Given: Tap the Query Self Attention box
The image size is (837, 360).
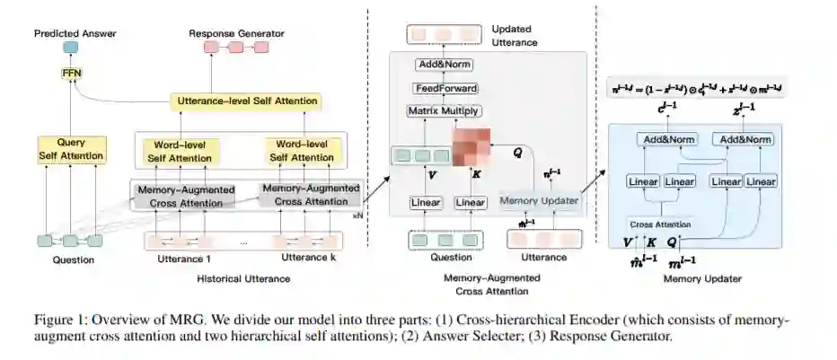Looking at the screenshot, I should (71, 150).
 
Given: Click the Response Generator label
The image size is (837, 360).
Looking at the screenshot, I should (236, 33).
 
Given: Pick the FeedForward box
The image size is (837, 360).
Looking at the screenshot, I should (446, 88).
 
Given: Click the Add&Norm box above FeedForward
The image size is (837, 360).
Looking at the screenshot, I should (446, 66).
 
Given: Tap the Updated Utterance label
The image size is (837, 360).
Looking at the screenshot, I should (515, 37).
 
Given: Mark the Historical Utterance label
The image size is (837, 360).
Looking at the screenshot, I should (243, 279).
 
